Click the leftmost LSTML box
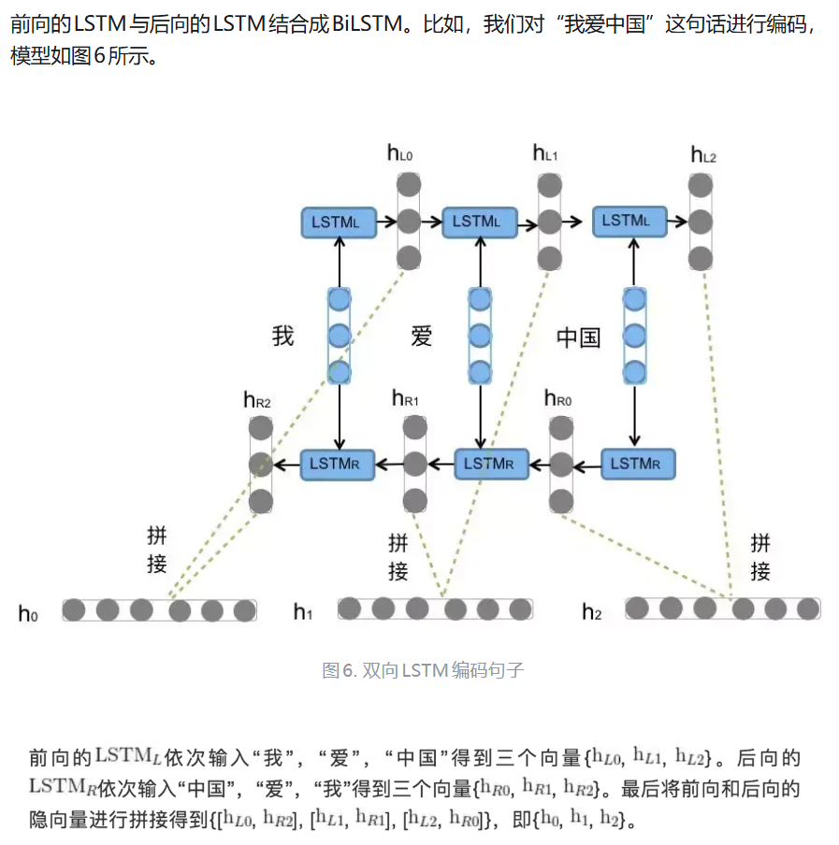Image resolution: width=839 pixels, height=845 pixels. point(339,222)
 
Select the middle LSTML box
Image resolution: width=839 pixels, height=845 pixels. point(479,222)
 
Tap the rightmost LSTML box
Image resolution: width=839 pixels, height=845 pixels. point(629,221)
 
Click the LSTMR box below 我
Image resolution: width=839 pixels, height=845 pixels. point(337,464)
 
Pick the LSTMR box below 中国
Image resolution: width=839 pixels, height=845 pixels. point(638,464)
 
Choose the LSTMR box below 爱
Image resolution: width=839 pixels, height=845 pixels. point(491,464)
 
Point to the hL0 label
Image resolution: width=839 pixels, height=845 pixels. point(399,153)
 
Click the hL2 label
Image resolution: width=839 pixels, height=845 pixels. point(703,154)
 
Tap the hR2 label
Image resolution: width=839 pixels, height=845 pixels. point(256,400)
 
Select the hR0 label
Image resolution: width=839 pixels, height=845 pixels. point(557,398)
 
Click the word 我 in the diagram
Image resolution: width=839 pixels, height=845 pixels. point(282,336)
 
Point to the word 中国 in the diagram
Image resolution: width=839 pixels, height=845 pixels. point(578,337)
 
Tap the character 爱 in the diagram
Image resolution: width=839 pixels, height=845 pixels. point(421,337)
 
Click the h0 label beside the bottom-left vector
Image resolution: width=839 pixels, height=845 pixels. point(28,614)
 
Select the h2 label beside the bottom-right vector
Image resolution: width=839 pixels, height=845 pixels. point(591,612)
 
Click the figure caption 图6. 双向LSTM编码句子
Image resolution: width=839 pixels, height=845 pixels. point(423,670)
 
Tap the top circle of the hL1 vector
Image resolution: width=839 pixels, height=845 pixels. point(549,185)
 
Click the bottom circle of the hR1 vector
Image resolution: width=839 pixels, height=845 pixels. point(415,501)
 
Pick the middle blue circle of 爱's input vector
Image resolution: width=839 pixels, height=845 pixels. point(480,336)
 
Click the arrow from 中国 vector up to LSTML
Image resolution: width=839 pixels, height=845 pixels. point(634,263)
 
